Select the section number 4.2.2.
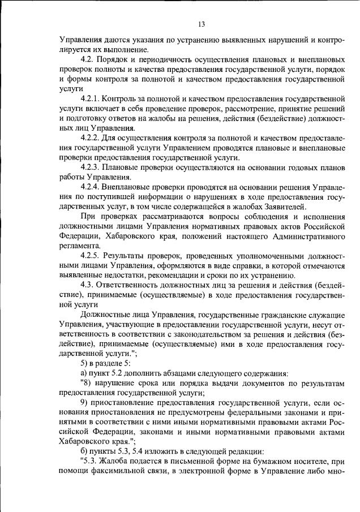coord(92,138)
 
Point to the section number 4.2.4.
coord(92,187)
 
